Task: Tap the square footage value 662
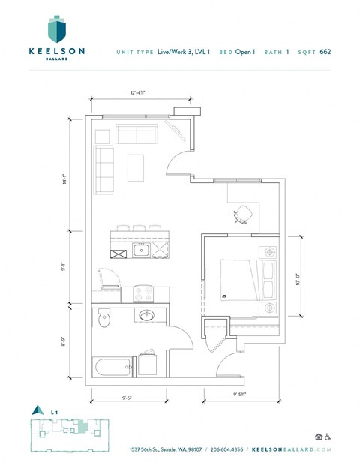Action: [325, 52]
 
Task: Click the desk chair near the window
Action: [243, 215]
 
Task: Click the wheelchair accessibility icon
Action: [328, 437]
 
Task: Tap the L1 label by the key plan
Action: [55, 412]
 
